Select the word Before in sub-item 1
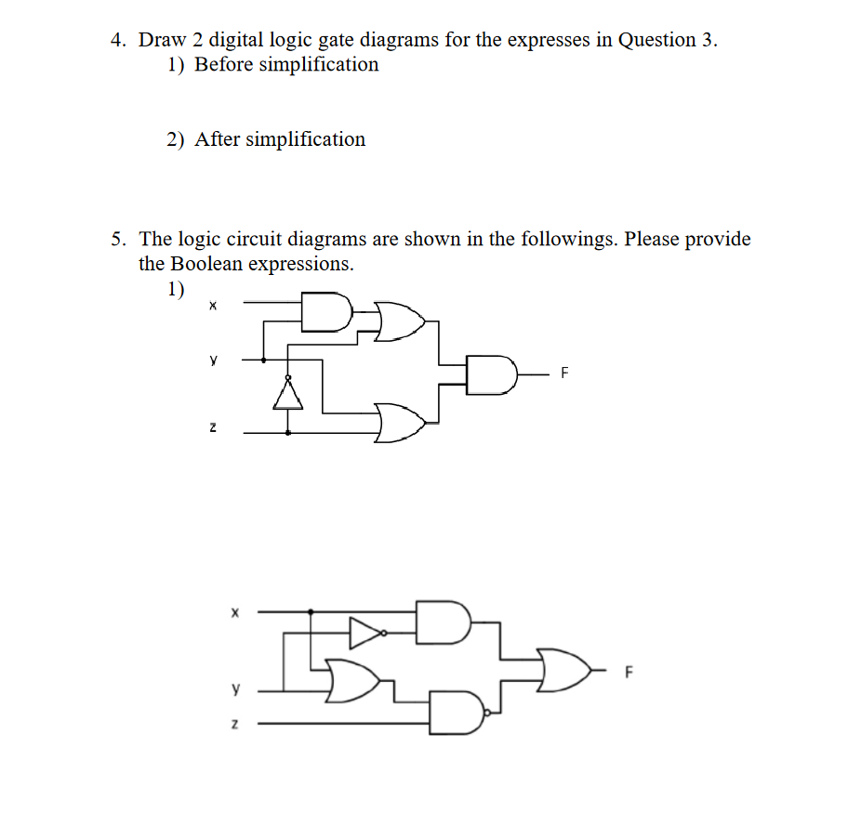223,65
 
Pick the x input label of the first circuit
213,304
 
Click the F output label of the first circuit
563,373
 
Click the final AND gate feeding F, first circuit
491,373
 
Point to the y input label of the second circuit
235,690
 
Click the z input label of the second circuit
235,723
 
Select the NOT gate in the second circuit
364,634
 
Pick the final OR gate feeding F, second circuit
563,669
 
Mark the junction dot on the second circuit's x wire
310,612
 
